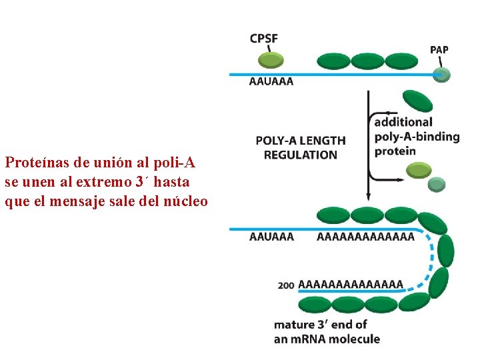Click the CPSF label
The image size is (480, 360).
click(264, 38)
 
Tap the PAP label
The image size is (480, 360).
click(439, 50)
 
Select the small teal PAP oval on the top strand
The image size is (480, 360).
click(441, 75)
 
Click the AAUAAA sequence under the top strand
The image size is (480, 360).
click(271, 82)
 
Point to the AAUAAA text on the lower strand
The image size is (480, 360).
click(271, 237)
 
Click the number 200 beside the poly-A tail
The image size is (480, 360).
click(286, 285)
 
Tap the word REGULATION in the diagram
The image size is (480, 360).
click(301, 155)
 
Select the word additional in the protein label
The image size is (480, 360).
click(403, 122)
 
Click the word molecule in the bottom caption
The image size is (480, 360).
click(355, 339)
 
